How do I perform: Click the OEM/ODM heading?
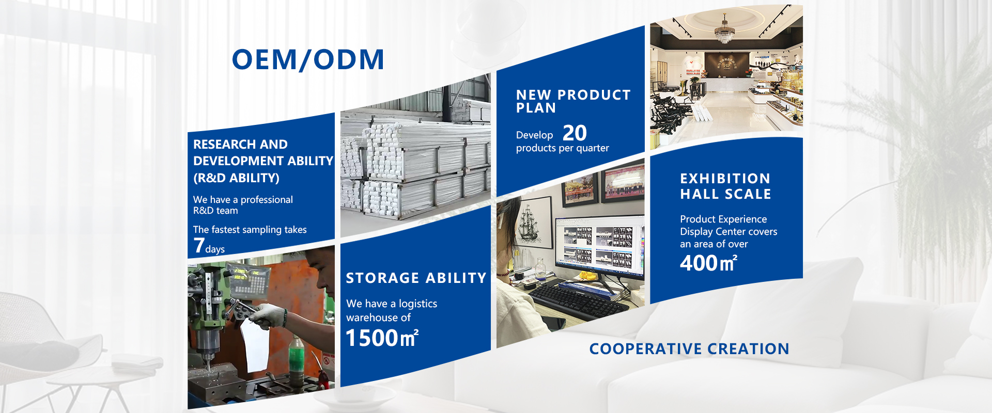click(308, 59)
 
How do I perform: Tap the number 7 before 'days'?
click(199, 245)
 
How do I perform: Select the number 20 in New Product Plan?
click(575, 133)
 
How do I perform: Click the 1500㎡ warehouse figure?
click(382, 338)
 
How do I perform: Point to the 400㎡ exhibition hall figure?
click(708, 263)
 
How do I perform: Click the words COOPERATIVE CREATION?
click(689, 349)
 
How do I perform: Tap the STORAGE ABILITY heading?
click(416, 278)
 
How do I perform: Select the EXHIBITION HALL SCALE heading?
click(725, 186)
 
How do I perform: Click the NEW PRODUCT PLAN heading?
click(573, 101)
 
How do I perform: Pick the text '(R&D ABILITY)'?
click(236, 178)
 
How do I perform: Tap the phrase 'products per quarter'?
click(562, 148)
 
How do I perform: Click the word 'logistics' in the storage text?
click(417, 304)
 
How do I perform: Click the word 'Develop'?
click(534, 135)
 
